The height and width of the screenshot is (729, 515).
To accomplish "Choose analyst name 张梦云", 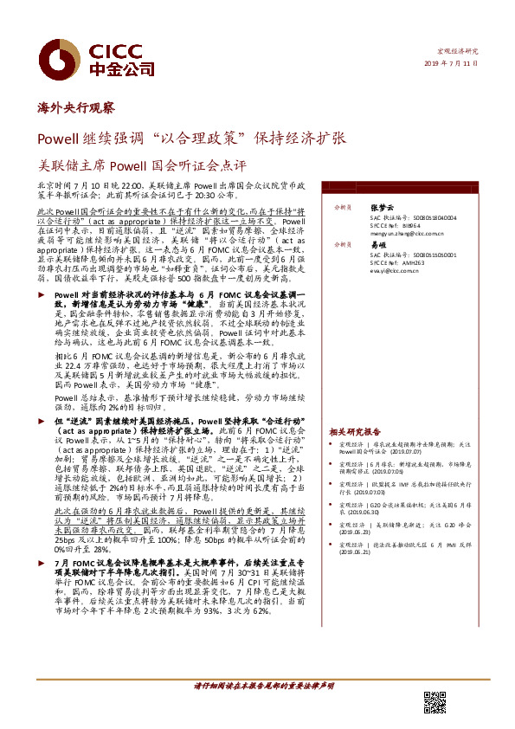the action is [382, 208].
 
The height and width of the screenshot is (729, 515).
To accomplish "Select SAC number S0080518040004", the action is [427, 216].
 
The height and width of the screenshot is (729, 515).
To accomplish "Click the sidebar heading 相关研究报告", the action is [355, 431].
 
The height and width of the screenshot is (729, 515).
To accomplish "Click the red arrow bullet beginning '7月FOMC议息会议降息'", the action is [43, 587].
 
